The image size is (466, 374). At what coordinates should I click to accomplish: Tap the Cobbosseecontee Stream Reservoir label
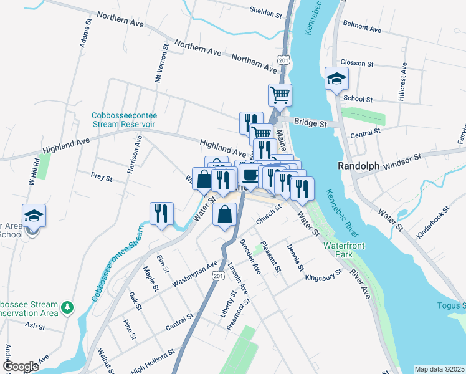(124, 120)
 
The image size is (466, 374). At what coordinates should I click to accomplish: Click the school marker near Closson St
(336, 79)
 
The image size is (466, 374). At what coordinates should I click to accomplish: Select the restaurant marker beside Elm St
(161, 214)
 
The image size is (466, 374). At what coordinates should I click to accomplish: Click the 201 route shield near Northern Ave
(283, 59)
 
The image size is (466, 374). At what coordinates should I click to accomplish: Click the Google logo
(20, 366)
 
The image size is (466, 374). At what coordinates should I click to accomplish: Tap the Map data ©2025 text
(439, 369)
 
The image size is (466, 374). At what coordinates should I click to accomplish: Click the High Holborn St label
(153, 360)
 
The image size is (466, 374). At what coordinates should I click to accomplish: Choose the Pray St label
(101, 177)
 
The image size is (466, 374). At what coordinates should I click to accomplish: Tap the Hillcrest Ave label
(402, 82)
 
